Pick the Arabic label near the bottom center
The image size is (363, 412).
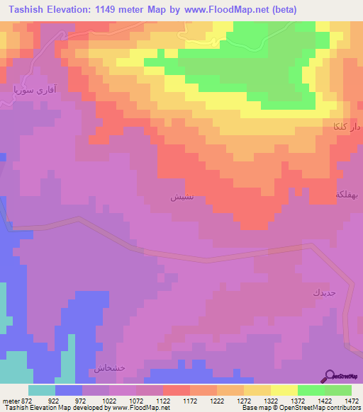tap(110, 369)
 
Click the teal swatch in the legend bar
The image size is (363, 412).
tap(42, 389)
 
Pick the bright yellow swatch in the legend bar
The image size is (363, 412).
tap(284, 389)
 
